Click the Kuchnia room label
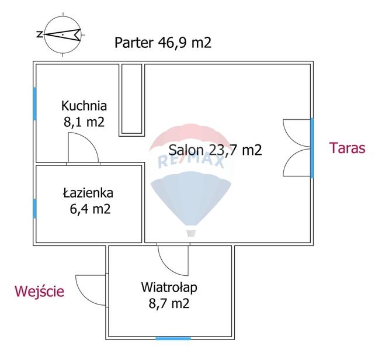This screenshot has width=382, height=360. tap(84, 106)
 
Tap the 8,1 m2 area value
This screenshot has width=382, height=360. tap(84, 122)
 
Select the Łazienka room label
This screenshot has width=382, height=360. tap(88, 193)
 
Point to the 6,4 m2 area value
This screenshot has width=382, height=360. tap(90, 209)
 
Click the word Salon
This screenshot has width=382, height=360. tap(186, 150)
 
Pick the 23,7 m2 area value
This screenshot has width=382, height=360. tap(235, 150)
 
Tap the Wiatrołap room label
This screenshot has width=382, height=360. tap(169, 288)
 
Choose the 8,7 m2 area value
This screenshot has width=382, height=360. tap(169, 304)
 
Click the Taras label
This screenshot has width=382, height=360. tap(347, 148)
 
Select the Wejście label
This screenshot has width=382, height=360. tap(40, 291)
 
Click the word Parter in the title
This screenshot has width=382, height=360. tap(134, 43)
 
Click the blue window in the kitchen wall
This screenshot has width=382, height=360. tap(34, 103)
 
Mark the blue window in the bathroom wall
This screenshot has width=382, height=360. tap(34, 209)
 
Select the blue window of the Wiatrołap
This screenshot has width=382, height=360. tap(173, 338)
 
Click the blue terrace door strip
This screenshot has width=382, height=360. tap(312, 148)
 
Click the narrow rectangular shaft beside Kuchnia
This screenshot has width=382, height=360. tap(132, 98)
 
